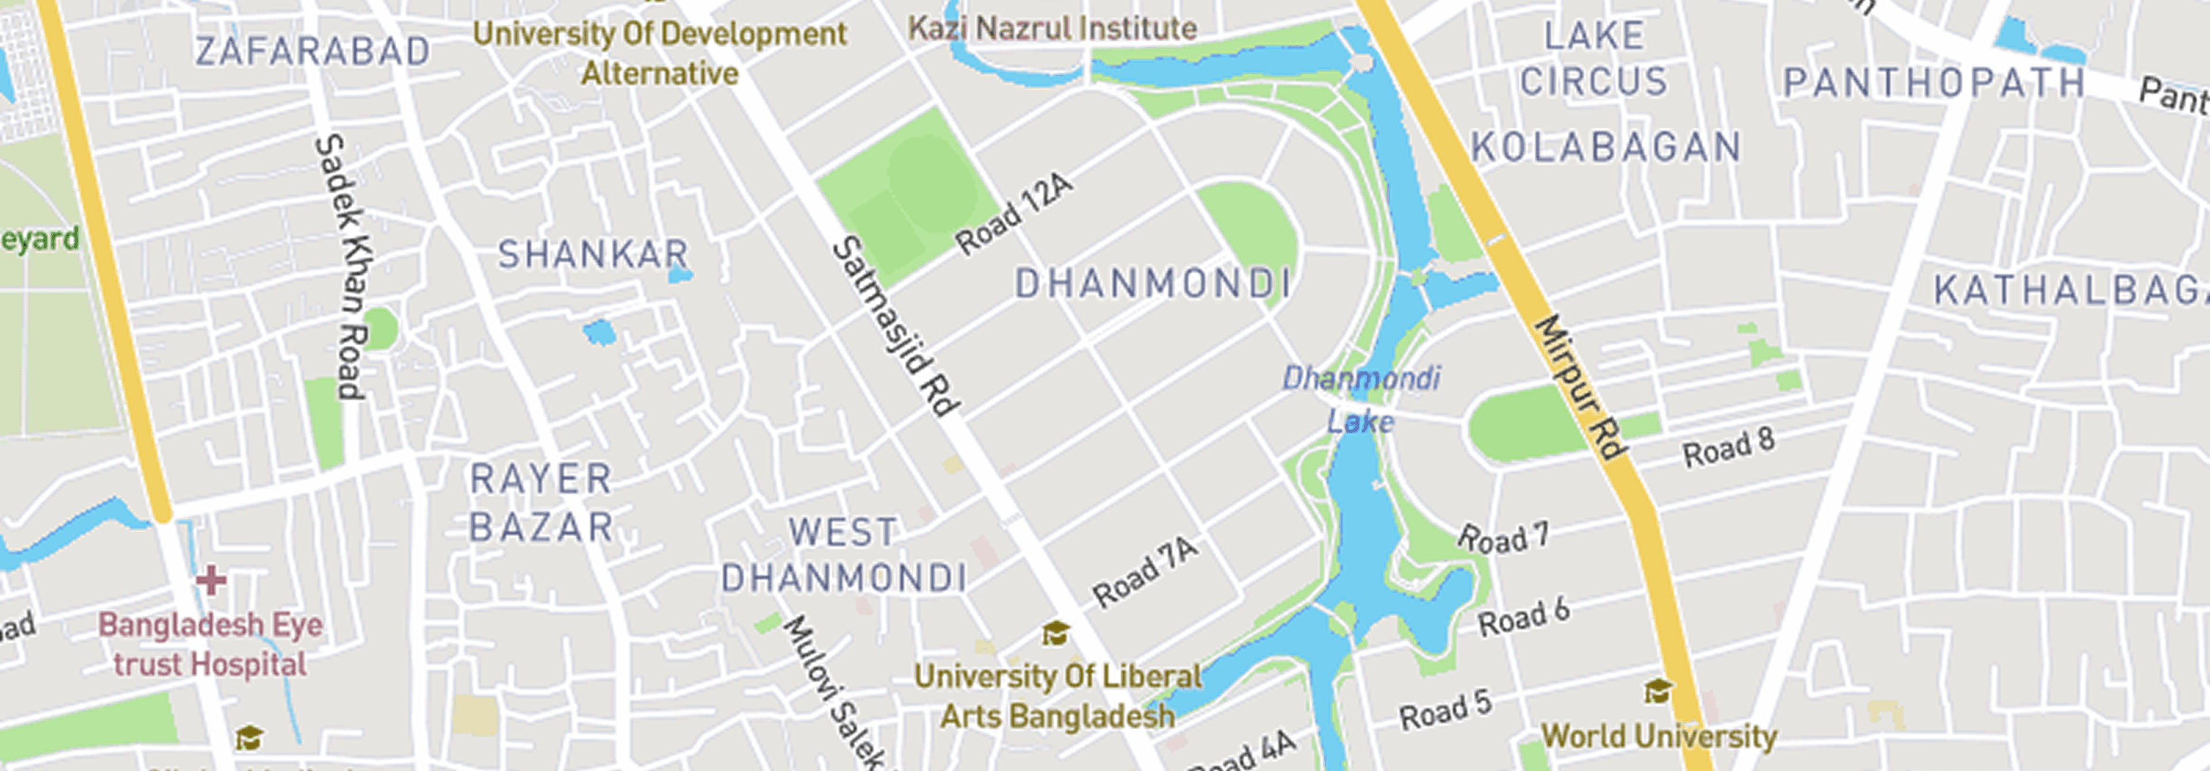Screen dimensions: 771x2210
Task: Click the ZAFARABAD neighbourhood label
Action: [x=313, y=51]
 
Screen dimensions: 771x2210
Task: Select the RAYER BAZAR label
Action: [x=542, y=502]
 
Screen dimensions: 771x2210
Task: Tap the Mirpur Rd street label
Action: [x=1579, y=388]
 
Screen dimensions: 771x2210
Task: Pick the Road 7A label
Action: [x=1145, y=572]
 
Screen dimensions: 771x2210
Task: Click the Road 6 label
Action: [x=1523, y=617]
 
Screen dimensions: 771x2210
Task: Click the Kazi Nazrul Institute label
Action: [x=1053, y=28]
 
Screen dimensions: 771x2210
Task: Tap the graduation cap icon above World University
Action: [x=1657, y=691]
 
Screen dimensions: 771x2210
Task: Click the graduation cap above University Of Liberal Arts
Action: [x=1056, y=634]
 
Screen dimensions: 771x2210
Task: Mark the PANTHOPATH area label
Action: [x=1934, y=83]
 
